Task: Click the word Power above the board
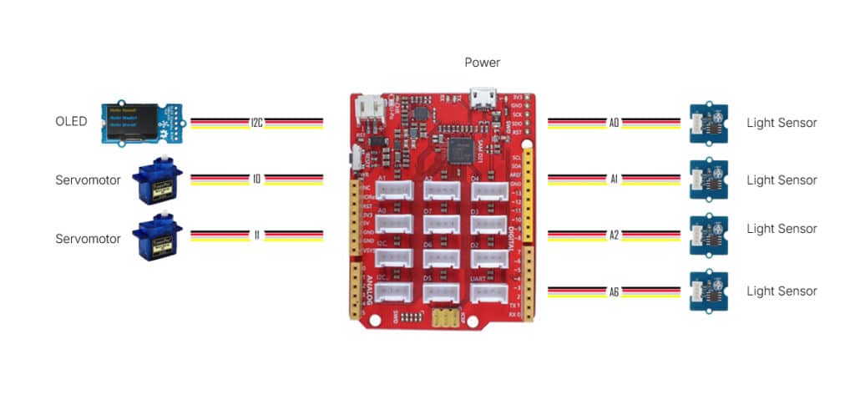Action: [483, 63]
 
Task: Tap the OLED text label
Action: [71, 123]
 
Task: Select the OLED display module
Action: [144, 122]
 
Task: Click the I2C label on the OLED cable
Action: [257, 123]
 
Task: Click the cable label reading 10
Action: [257, 179]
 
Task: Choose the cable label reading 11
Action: [257, 235]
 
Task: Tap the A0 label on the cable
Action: [614, 123]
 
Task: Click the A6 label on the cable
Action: [614, 291]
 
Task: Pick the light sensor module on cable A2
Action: [708, 235]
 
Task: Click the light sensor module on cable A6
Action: [708, 291]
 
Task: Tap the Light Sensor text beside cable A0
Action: [782, 123]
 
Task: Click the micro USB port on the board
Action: [483, 99]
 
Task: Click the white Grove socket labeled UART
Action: [490, 292]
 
